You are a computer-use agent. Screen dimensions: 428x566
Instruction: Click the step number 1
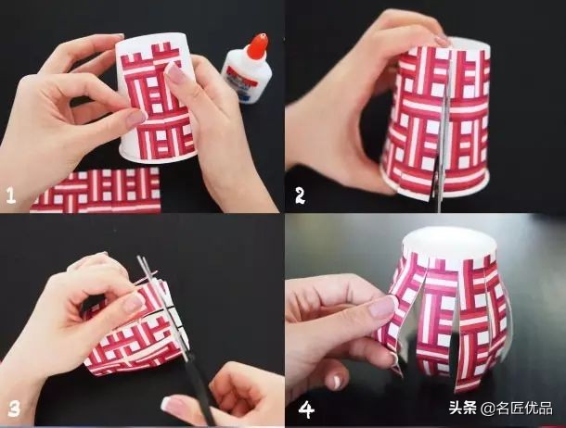point(11,195)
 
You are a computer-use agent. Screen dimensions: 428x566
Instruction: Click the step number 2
point(300,195)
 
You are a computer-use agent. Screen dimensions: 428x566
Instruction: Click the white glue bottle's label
point(243,82)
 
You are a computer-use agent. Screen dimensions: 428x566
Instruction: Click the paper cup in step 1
point(158,102)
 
